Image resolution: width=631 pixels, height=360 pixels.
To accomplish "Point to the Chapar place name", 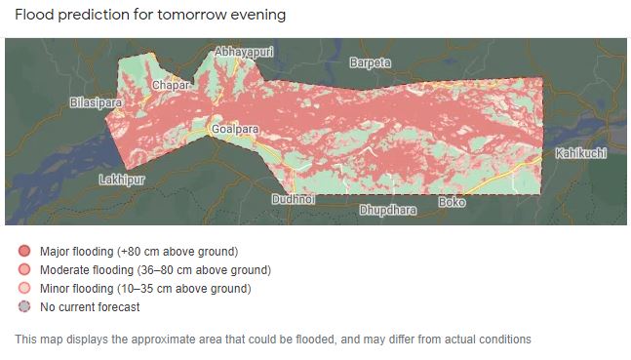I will (170, 85).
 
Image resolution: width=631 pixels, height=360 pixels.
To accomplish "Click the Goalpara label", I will (235, 128).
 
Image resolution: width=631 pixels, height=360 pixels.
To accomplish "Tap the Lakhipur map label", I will (122, 180).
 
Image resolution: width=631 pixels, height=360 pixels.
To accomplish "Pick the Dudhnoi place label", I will (294, 199).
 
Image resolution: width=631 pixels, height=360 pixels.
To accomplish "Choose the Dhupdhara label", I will (387, 210).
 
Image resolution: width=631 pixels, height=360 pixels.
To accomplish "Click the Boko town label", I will (452, 202).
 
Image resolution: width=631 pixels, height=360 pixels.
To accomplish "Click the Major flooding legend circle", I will (24, 252).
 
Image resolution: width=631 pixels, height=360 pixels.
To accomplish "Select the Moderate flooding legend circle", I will (24, 270).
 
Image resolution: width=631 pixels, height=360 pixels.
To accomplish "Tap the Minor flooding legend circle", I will (24, 289).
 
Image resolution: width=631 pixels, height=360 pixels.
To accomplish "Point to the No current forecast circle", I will (24, 307).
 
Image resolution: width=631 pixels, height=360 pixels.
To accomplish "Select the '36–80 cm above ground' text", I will (209, 270).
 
